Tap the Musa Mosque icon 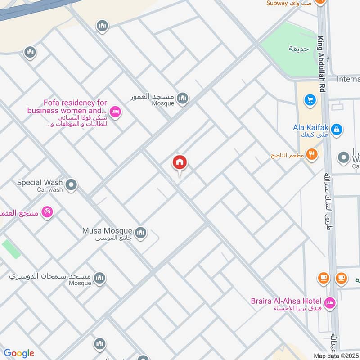click(141, 233)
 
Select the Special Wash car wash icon click(71, 184)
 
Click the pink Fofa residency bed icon click(116, 112)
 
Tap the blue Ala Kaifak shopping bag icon click(336, 130)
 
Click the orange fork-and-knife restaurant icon click(311, 155)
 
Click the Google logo click(19, 353)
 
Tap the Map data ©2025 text click(336, 355)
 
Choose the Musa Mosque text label click(107, 231)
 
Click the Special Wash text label click(40, 183)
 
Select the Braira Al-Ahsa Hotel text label click(286, 301)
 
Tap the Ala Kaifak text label click(309, 127)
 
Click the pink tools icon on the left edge click(47, 211)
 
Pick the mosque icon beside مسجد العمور click(182, 98)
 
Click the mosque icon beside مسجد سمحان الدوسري click(100, 278)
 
